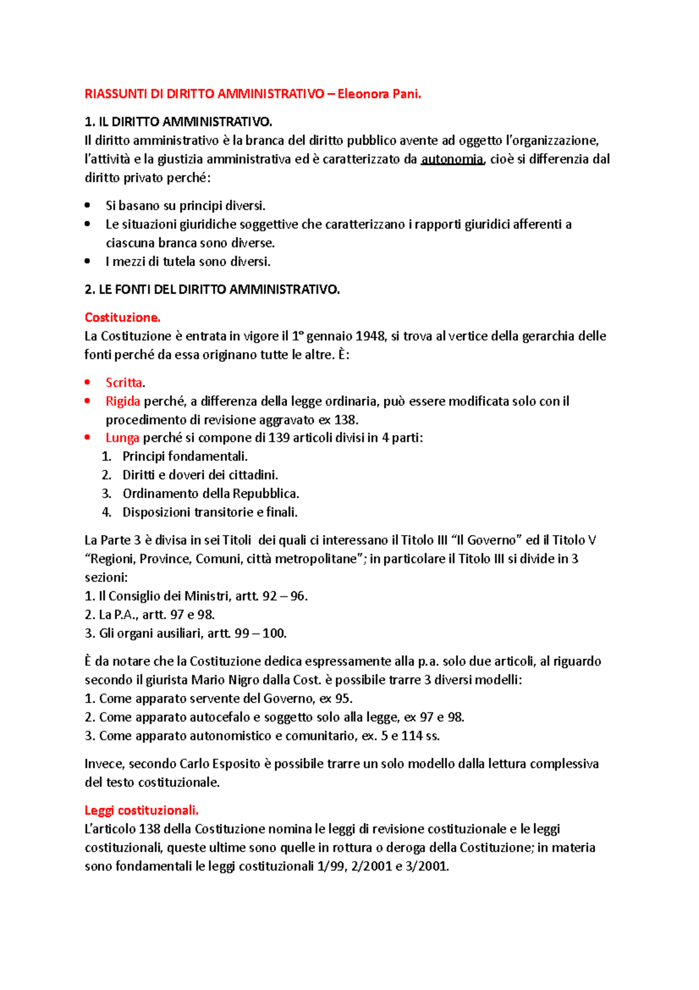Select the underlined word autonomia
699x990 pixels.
tap(452, 159)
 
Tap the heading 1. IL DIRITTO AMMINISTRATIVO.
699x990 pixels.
tap(178, 122)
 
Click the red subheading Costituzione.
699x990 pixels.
tap(122, 317)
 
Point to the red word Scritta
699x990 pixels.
tap(124, 382)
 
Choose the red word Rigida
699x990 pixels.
tap(123, 401)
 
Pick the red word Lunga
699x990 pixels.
tap(122, 438)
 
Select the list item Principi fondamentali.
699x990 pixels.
tap(185, 457)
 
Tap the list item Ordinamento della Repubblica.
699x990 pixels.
tap(210, 494)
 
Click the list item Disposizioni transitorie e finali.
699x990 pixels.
tap(210, 512)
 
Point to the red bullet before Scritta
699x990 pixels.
tap(87, 382)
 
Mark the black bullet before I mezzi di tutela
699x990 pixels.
tap(87, 261)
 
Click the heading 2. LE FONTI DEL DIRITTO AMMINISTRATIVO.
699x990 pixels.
tap(212, 289)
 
